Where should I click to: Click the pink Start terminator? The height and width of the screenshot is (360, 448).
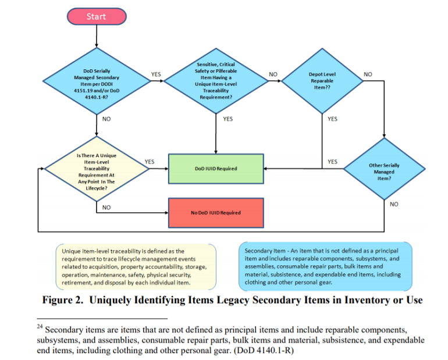96,16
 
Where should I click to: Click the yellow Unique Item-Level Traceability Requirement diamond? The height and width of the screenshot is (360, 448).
96,169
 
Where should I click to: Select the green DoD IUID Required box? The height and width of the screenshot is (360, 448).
216,169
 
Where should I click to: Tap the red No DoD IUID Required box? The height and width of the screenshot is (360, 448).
216,212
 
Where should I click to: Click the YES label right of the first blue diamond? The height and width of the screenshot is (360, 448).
156,74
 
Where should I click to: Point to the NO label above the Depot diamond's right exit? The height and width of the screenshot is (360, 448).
368,74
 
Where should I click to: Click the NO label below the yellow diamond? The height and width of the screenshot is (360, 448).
106,207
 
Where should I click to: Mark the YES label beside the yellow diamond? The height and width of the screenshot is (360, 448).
150,161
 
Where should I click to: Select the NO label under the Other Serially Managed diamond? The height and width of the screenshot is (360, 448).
394,204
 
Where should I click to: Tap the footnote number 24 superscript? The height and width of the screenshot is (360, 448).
40,327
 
